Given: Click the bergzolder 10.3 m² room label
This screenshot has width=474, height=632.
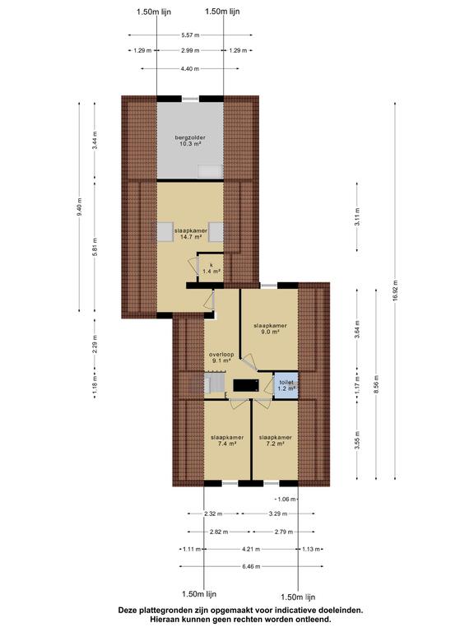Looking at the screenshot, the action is click(x=190, y=140).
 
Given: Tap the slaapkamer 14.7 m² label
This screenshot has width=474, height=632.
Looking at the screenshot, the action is click(x=191, y=234).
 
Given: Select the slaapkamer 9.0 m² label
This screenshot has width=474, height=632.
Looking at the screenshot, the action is click(x=270, y=328).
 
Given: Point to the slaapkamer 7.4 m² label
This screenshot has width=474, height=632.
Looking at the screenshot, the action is click(x=227, y=440).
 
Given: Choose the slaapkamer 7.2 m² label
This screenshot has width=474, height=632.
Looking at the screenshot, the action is click(x=276, y=440).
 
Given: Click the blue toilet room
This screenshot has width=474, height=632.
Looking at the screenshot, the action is click(x=286, y=385).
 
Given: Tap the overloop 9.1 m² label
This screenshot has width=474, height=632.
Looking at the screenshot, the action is click(x=221, y=357).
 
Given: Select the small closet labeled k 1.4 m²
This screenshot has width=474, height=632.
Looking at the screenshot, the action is click(x=211, y=267).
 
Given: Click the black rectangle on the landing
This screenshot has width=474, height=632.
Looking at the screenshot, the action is click(x=246, y=386).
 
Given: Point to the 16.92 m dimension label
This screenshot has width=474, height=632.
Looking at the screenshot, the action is click(x=395, y=290).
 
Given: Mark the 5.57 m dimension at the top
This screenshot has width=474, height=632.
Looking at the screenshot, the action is click(x=190, y=35).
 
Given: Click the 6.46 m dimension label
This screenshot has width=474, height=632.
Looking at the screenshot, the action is click(x=251, y=566).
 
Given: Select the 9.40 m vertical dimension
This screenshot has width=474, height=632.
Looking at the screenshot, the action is click(x=79, y=207).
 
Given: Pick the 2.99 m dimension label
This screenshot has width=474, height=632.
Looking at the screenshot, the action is click(x=190, y=50).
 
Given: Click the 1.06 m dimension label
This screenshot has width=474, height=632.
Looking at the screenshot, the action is click(x=286, y=499).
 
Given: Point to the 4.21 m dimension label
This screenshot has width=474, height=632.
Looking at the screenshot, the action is click(x=251, y=549).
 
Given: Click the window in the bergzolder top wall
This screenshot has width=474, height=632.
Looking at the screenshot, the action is click(x=190, y=99).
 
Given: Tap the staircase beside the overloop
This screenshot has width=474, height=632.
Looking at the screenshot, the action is click(x=214, y=383).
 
